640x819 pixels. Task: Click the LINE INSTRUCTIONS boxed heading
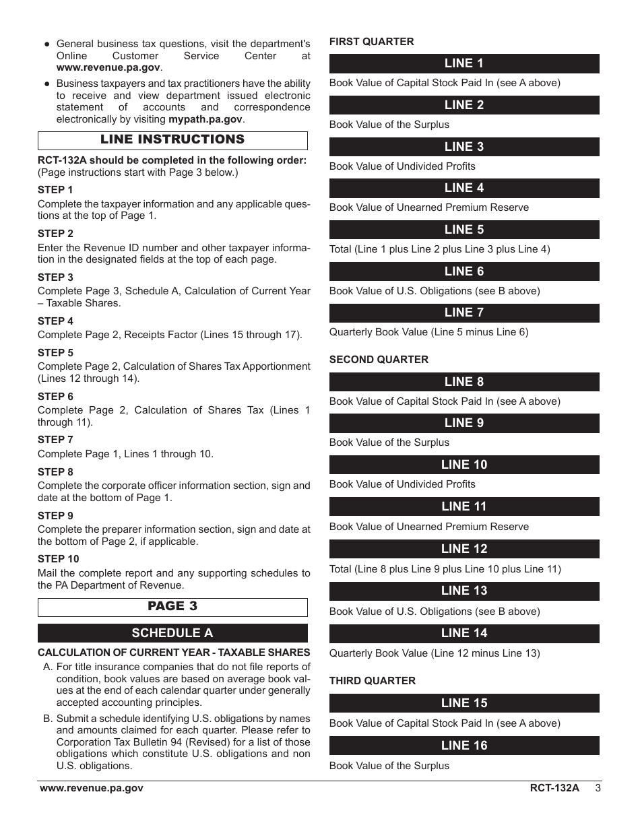coord(172,139)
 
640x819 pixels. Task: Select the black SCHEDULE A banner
coord(172,633)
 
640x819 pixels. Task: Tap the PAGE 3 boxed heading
coord(172,606)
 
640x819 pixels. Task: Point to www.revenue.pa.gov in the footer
coord(92,789)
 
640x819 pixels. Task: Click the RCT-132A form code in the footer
coord(554,789)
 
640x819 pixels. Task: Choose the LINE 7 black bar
coord(464,313)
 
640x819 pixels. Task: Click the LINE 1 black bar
coord(464,63)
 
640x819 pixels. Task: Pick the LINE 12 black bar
coord(464,549)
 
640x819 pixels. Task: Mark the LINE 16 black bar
coord(464,746)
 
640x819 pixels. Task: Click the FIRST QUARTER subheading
coord(371,42)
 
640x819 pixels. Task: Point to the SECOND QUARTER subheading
coord(379,360)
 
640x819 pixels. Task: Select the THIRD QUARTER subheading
coord(373,681)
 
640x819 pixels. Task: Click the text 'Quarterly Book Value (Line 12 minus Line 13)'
coord(435,653)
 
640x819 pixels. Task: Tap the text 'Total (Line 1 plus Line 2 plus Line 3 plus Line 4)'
coord(439,249)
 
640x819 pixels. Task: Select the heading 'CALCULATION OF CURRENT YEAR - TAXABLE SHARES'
coord(174,653)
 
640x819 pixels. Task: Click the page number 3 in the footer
coord(598,789)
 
